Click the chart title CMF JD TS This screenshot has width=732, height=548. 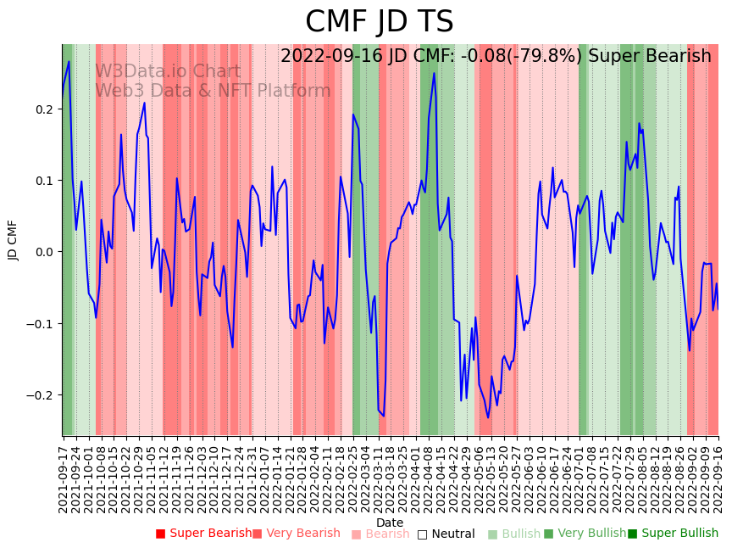(379, 22)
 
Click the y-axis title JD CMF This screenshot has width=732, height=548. (13, 240)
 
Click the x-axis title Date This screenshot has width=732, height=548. (390, 523)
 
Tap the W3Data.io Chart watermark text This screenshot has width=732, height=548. (168, 71)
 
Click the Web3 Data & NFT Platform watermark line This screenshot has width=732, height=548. (213, 91)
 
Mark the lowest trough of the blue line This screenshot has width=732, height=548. (488, 417)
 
